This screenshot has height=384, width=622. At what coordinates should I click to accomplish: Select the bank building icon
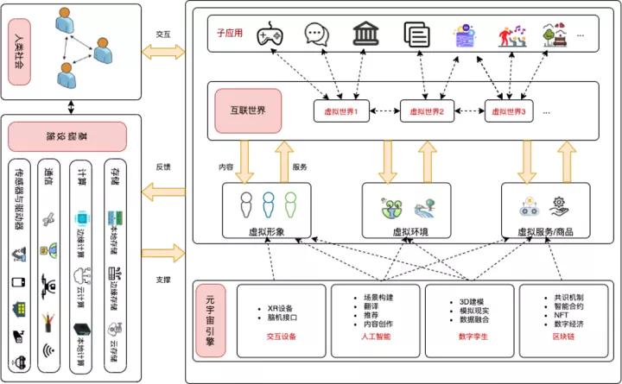tap(365, 35)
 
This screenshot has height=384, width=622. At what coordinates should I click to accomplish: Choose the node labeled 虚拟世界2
tap(426, 111)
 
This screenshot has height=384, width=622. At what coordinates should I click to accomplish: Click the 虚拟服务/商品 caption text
tap(546, 231)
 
